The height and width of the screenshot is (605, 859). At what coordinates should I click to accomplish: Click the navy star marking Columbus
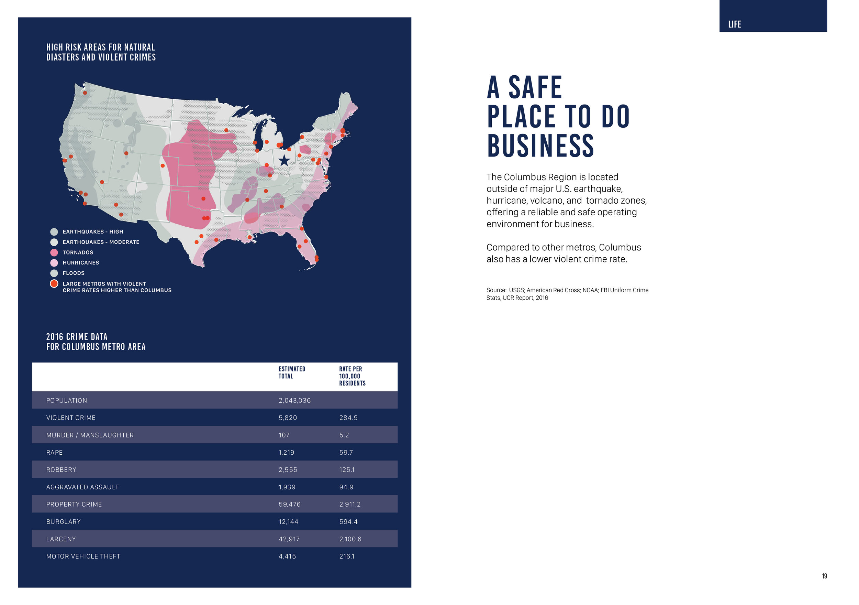point(285,160)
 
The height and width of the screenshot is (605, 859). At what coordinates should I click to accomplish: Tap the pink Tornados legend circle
point(54,252)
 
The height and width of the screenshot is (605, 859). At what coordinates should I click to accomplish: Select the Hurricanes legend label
point(81,263)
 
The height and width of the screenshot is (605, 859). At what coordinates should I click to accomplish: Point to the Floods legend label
point(74,273)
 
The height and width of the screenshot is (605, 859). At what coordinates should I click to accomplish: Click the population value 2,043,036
point(294,400)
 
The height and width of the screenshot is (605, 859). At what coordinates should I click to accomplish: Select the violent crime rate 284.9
point(348,418)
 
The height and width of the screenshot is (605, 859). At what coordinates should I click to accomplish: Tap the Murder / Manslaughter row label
point(90,435)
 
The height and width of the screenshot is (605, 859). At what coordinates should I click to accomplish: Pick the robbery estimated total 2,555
point(288,470)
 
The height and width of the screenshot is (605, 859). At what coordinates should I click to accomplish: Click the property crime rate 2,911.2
point(350,504)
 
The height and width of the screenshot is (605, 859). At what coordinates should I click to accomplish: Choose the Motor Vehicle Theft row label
point(83,556)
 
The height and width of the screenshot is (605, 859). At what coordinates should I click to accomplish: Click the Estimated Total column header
point(292,372)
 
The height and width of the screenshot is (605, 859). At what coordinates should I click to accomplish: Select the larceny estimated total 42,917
point(289,539)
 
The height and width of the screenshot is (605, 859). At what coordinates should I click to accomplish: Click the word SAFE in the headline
point(535,87)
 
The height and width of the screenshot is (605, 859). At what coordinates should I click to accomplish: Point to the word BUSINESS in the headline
point(540,145)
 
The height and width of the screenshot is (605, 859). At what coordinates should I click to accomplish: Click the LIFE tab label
point(734,24)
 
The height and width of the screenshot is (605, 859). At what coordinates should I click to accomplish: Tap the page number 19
point(824,576)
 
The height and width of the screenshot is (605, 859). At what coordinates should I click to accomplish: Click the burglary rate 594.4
point(348,521)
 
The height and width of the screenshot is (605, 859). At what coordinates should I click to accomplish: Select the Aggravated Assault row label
point(82,487)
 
